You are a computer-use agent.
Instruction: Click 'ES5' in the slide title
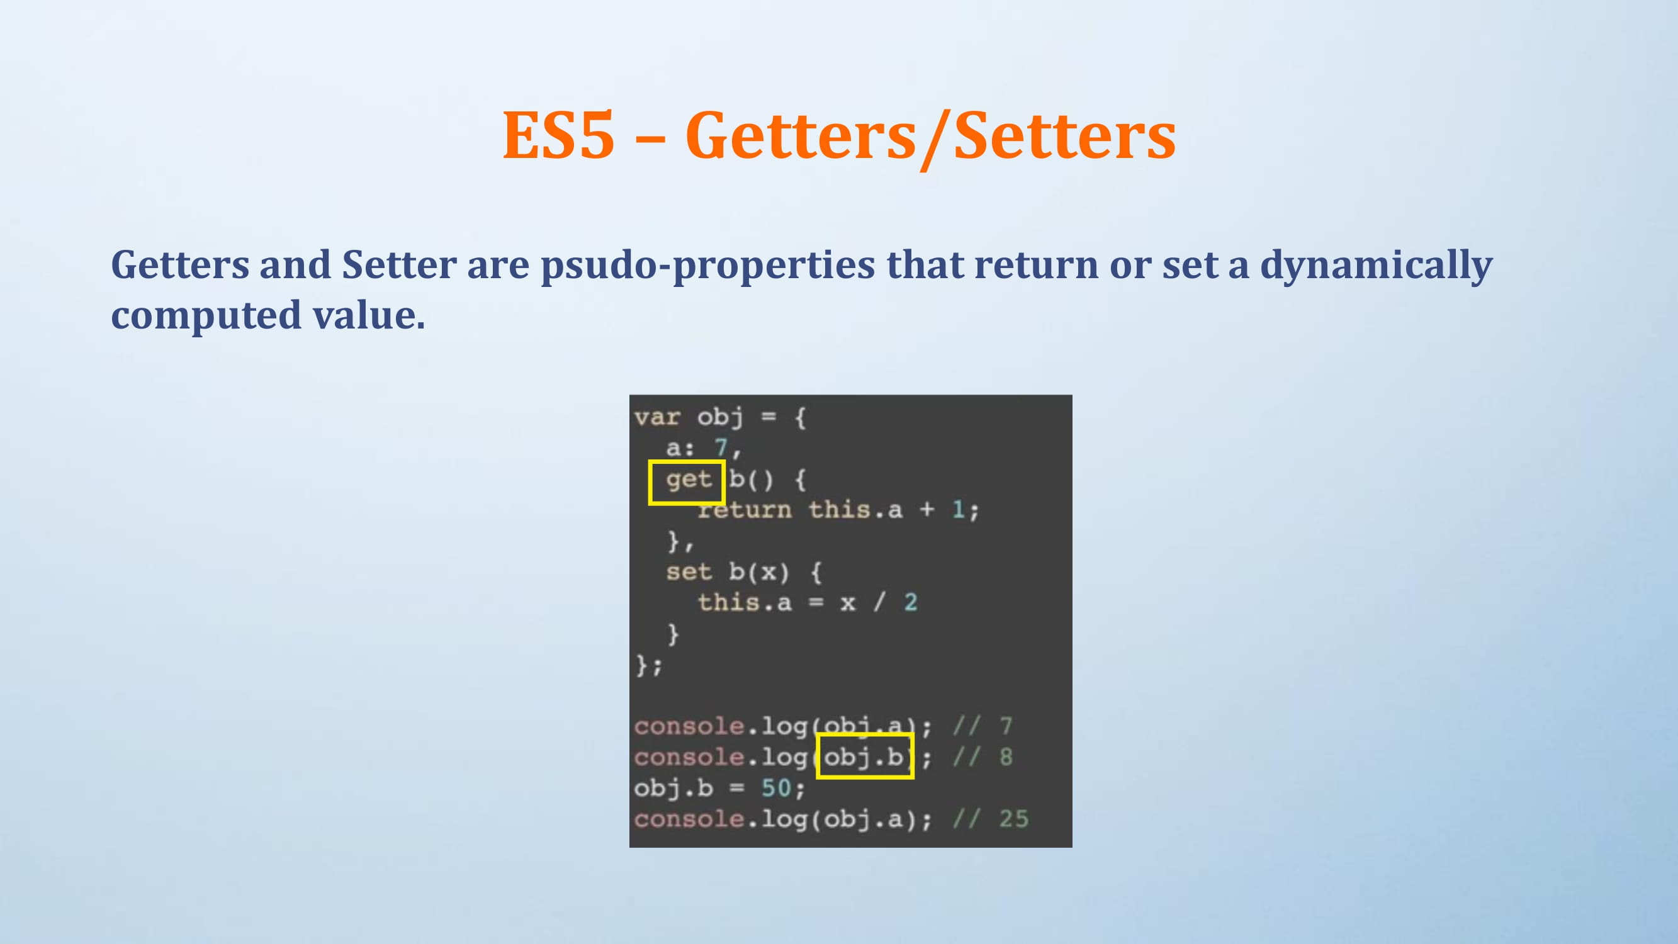coord(558,135)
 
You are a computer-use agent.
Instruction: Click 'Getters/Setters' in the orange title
coord(931,137)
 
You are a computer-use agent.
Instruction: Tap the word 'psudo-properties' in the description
coord(708,266)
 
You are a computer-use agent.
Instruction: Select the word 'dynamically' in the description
coord(1377,266)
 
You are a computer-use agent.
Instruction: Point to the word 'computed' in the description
coord(206,316)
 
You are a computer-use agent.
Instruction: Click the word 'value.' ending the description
coord(369,315)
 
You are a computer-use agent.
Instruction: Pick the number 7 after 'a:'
coord(721,447)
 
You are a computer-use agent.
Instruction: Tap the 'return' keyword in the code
coord(745,510)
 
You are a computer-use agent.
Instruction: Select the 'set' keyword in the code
coord(689,572)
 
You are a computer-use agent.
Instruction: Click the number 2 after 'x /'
coord(911,602)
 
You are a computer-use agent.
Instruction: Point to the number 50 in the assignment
coord(777,788)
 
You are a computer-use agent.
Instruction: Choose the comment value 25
coord(1013,819)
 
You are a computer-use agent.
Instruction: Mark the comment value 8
coord(1006,757)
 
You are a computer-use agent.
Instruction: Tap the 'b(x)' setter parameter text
coord(759,572)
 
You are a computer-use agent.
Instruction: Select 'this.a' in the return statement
coord(856,510)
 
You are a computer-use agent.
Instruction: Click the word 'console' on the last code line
coord(689,819)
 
